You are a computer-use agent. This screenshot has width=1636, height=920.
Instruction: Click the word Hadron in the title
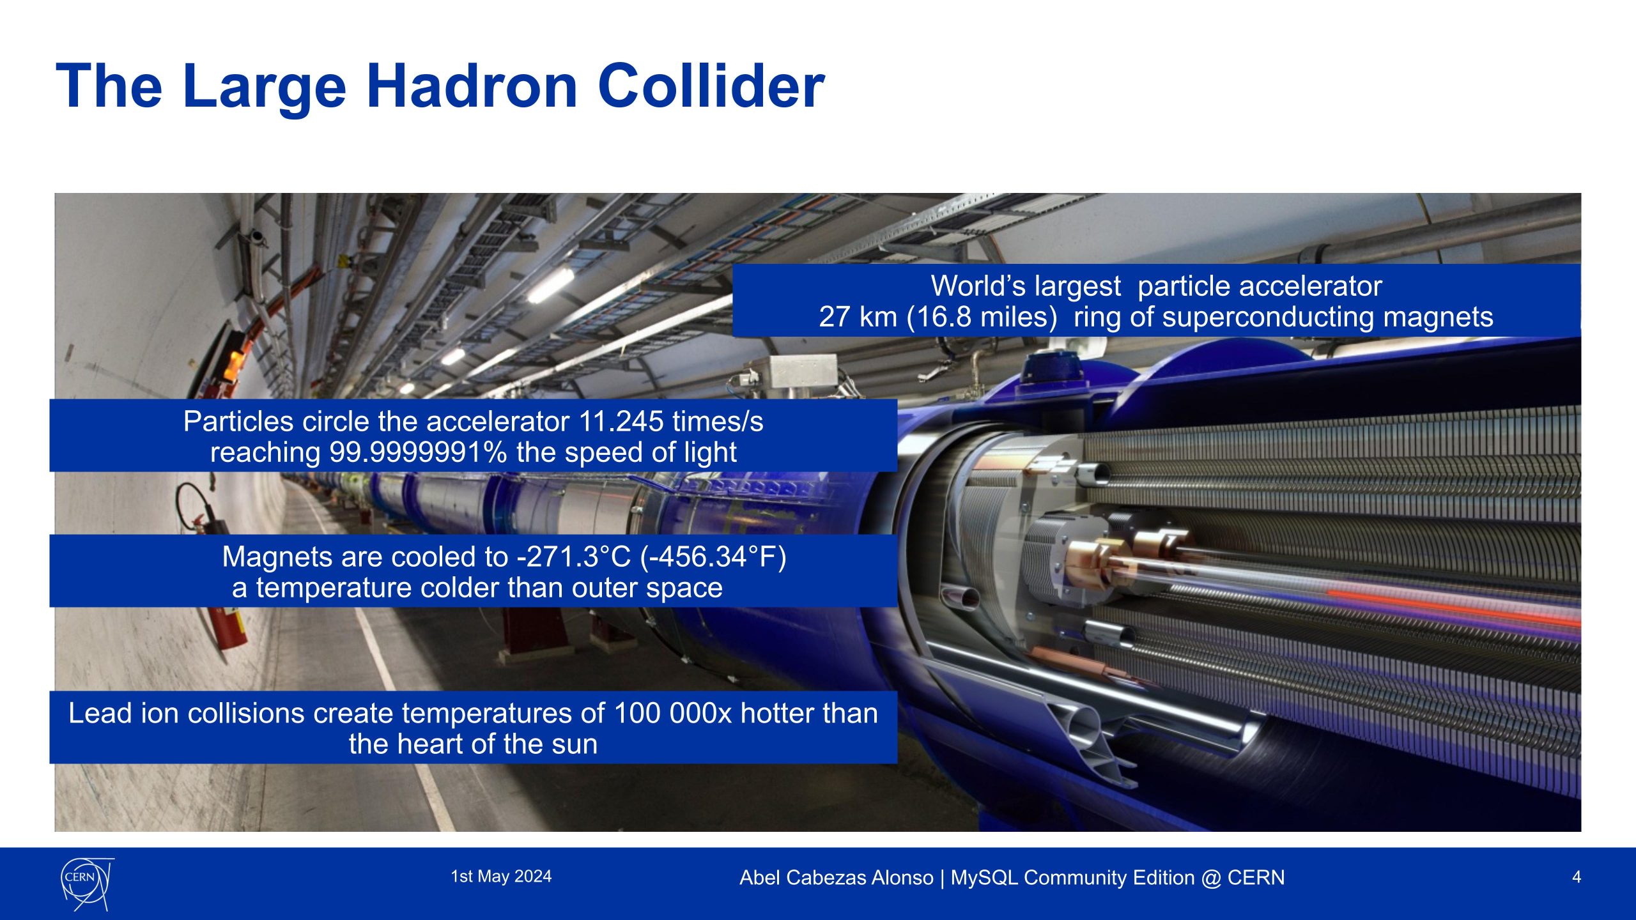click(472, 86)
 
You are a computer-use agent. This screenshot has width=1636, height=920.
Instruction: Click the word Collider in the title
click(711, 86)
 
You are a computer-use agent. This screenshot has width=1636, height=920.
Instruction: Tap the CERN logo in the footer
click(88, 884)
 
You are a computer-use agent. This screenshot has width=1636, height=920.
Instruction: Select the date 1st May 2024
click(501, 877)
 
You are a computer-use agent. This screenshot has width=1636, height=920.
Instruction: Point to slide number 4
click(1577, 877)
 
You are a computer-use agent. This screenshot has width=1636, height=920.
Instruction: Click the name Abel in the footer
click(760, 878)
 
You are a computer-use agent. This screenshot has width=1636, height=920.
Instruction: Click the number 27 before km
click(833, 317)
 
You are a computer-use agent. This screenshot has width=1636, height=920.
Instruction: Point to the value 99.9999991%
click(419, 452)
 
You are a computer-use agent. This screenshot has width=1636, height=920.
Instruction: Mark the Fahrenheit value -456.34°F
click(713, 557)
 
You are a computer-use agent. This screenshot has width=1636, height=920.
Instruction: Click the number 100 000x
click(673, 713)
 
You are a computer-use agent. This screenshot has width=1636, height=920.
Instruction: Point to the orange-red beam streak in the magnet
click(1451, 607)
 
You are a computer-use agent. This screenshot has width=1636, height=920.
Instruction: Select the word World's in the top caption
click(1026, 286)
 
